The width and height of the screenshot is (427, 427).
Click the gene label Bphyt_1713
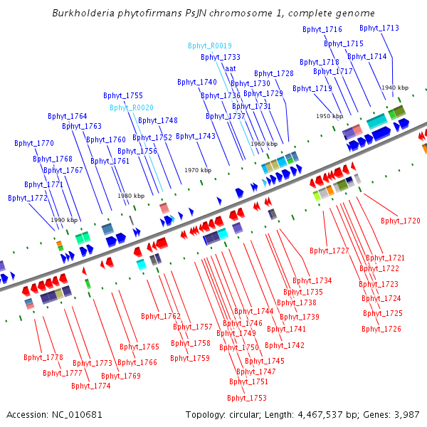[x=379, y=28]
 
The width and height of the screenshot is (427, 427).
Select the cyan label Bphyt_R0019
[x=210, y=46]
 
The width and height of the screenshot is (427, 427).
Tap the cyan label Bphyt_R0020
[x=131, y=107]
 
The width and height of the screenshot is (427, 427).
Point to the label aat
[x=230, y=69]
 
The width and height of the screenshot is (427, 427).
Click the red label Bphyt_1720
[x=400, y=221]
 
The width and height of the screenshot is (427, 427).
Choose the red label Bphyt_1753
[x=248, y=398]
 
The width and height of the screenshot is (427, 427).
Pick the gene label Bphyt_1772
[x=28, y=198]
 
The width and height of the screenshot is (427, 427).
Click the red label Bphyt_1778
[x=43, y=357]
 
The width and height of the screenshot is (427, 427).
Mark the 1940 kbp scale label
[x=394, y=88]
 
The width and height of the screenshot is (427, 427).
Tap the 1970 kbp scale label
[x=198, y=170]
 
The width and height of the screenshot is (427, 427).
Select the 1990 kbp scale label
[x=64, y=220]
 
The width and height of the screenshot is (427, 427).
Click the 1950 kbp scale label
[x=330, y=116]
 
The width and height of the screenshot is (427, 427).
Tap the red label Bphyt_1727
[x=330, y=251]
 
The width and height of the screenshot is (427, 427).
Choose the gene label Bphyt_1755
[x=122, y=95]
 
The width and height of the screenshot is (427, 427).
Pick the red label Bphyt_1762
[x=160, y=316]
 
